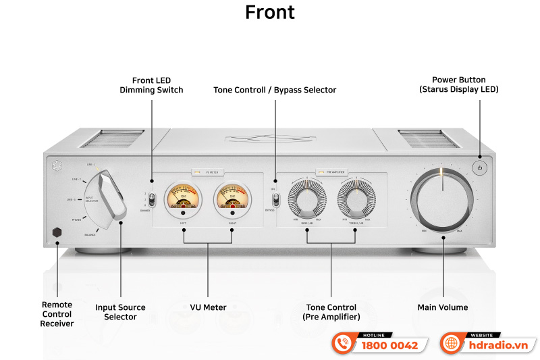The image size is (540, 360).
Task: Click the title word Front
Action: (270, 13)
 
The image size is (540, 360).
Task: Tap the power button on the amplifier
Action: (479, 168)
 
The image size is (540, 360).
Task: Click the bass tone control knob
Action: (306, 199)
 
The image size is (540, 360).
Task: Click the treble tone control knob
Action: (356, 199)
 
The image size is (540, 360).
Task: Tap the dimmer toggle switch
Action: (152, 200)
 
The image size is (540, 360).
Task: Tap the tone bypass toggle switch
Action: (275, 200)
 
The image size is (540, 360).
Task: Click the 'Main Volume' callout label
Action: (443, 308)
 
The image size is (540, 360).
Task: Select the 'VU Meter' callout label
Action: (208, 308)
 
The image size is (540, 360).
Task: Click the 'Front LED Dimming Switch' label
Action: (151, 85)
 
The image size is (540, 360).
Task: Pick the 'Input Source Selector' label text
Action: (121, 312)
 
